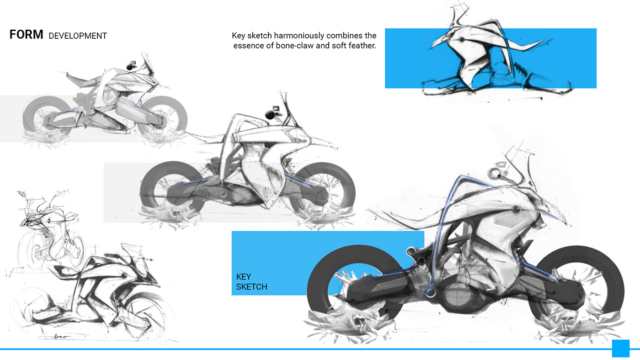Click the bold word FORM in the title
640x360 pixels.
(x=27, y=35)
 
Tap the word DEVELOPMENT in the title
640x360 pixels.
(x=78, y=36)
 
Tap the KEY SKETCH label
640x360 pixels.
(x=251, y=282)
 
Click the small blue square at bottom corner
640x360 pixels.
(x=621, y=348)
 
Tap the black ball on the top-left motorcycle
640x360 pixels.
(x=129, y=67)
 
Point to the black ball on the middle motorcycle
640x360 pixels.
(x=270, y=115)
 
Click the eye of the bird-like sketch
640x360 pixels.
(x=461, y=40)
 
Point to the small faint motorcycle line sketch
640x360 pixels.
(x=47, y=228)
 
